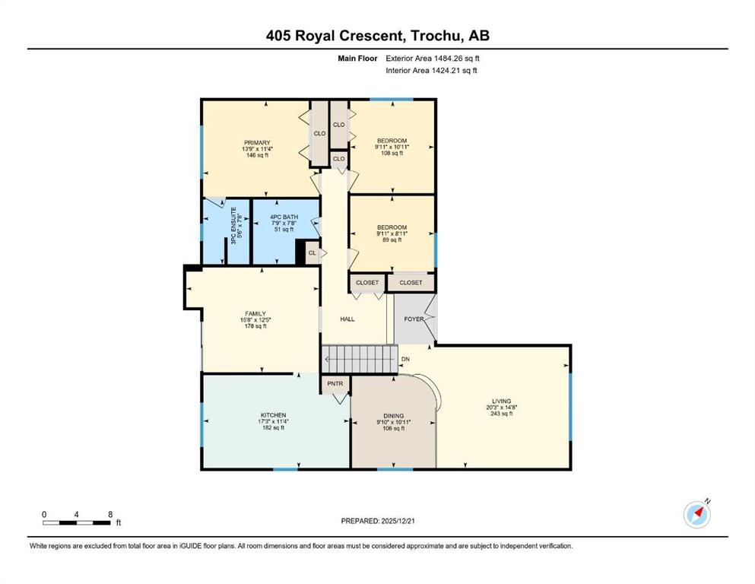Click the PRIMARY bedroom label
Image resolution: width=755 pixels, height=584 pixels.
point(257,142)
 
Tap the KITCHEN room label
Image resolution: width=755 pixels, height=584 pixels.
point(274,415)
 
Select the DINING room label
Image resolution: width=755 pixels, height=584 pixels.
point(393,415)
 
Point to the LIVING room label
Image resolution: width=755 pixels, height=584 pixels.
point(501,401)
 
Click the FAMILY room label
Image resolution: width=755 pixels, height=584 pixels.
point(255,313)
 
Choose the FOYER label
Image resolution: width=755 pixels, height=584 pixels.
point(414,319)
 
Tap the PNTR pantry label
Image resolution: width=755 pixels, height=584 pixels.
point(335,383)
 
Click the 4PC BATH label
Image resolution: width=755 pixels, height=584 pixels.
point(284,217)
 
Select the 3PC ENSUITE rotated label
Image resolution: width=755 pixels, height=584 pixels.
point(233,226)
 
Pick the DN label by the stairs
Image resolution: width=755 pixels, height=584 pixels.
point(405,359)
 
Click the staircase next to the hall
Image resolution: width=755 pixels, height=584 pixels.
point(360,359)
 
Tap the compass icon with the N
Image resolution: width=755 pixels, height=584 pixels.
point(696,514)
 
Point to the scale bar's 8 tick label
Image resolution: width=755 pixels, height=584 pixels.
point(110,514)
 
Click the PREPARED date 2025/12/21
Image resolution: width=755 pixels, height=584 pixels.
point(397,521)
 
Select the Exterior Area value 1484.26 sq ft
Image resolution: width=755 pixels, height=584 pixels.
point(456,59)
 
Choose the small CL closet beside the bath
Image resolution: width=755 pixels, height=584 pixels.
point(312,252)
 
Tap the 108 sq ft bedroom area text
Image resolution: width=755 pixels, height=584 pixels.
point(392,153)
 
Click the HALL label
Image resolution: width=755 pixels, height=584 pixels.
point(347,319)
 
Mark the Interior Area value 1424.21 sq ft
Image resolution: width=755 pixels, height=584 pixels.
point(455,71)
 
